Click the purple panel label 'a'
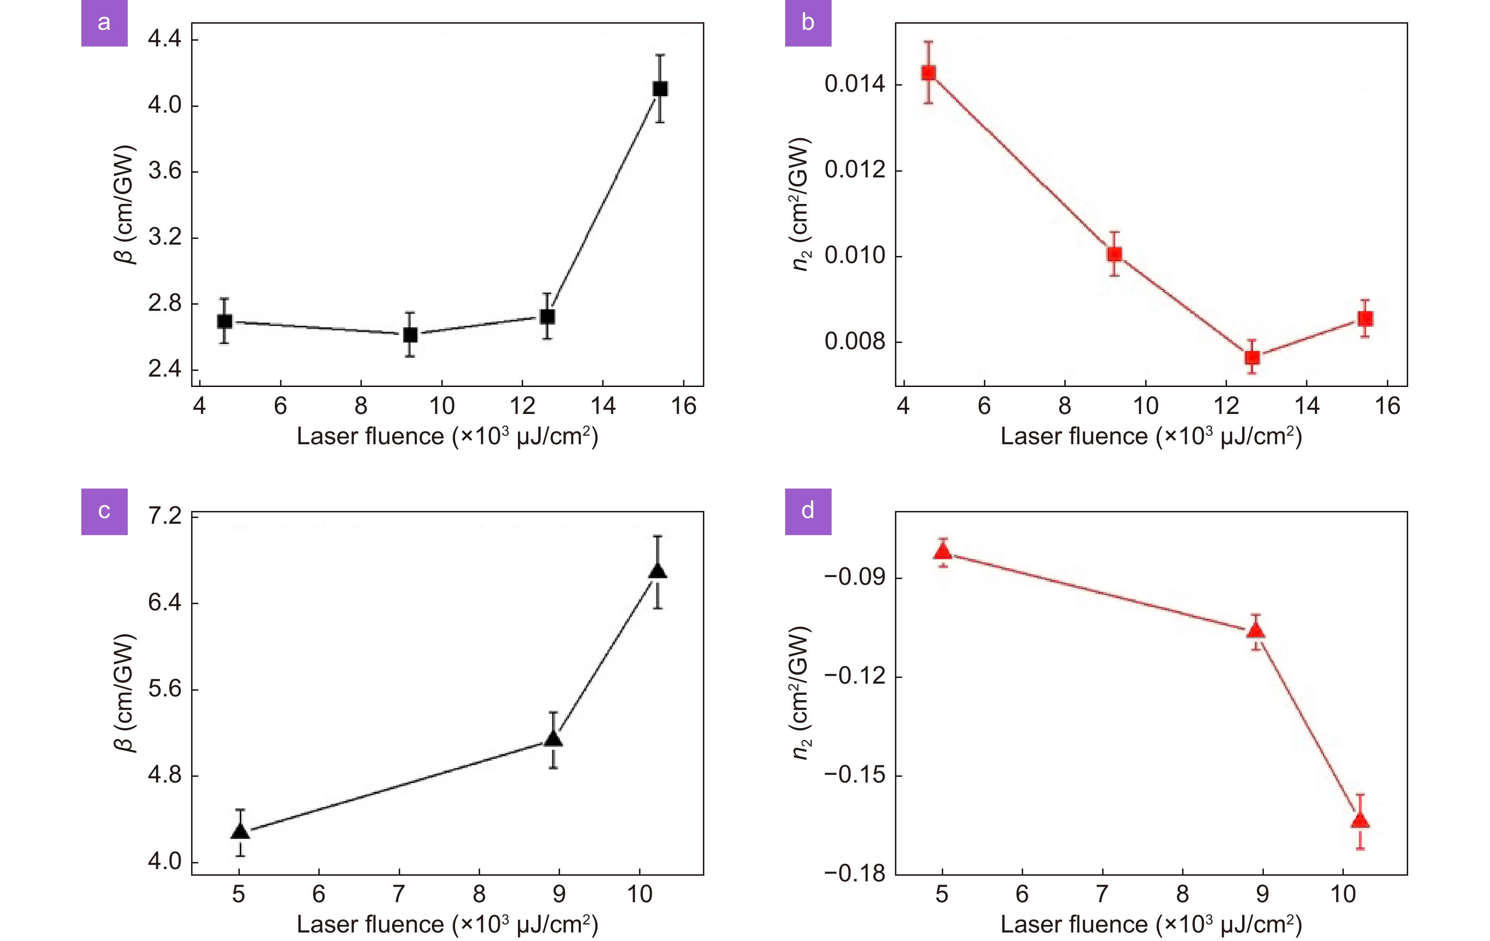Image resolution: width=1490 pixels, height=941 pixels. pyautogui.click(x=104, y=23)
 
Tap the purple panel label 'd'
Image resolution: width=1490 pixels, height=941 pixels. pyautogui.click(x=807, y=511)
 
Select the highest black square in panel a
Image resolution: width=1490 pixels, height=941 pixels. pyautogui.click(x=660, y=88)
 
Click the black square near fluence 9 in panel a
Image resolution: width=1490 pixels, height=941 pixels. pyautogui.click(x=410, y=335)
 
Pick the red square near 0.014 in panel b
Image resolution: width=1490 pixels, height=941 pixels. pyautogui.click(x=928, y=73)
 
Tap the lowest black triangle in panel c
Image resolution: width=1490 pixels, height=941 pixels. pyautogui.click(x=240, y=831)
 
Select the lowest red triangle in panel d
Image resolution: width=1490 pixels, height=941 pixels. pyautogui.click(x=1360, y=821)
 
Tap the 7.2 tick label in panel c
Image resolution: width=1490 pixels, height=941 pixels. pyautogui.click(x=165, y=516)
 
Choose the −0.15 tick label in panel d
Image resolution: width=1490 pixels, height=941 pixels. pyautogui.click(x=855, y=774)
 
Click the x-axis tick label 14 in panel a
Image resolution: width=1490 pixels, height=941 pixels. pyautogui.click(x=603, y=406)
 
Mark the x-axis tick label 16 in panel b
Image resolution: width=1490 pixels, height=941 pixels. pyautogui.click(x=1387, y=406)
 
